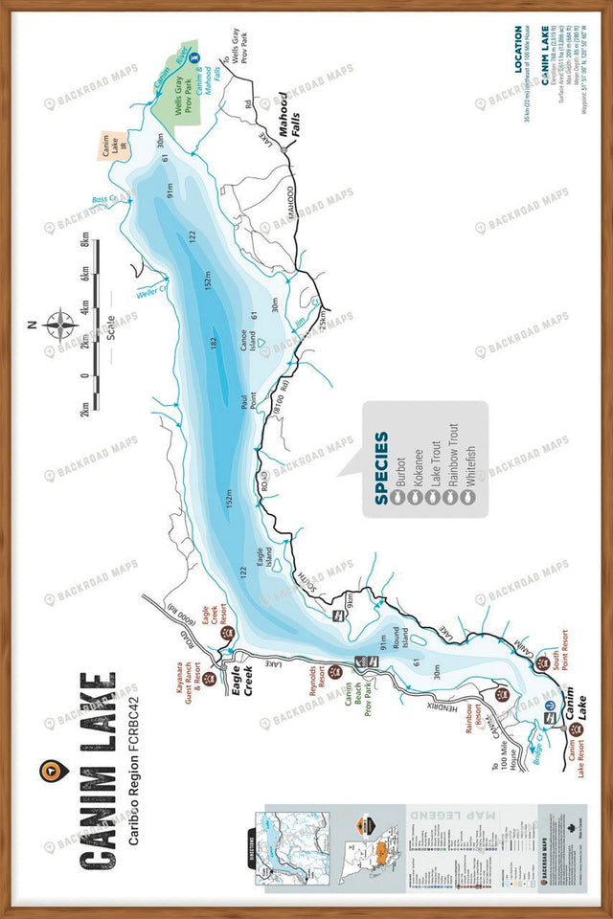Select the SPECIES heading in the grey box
coord(381,467)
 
